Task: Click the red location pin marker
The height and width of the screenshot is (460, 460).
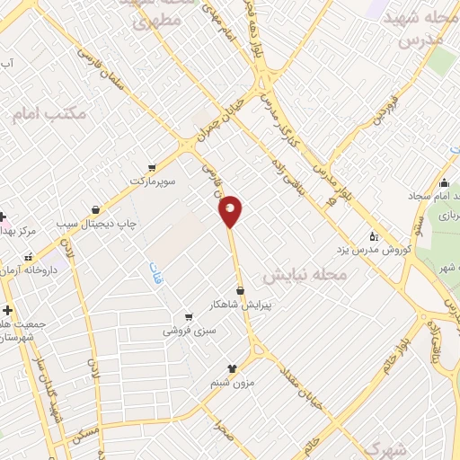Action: click(x=231, y=211)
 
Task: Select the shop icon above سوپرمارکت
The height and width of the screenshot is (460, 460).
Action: click(x=151, y=167)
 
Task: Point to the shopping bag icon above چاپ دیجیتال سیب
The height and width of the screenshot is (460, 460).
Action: click(x=95, y=210)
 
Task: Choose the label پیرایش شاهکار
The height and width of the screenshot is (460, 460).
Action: click(x=241, y=304)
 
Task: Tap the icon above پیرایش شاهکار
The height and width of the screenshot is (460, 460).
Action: click(x=241, y=289)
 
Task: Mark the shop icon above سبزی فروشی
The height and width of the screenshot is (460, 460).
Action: click(x=188, y=316)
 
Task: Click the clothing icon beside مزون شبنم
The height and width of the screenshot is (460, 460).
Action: click(x=232, y=368)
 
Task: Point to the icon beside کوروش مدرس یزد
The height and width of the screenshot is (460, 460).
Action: click(x=374, y=235)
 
